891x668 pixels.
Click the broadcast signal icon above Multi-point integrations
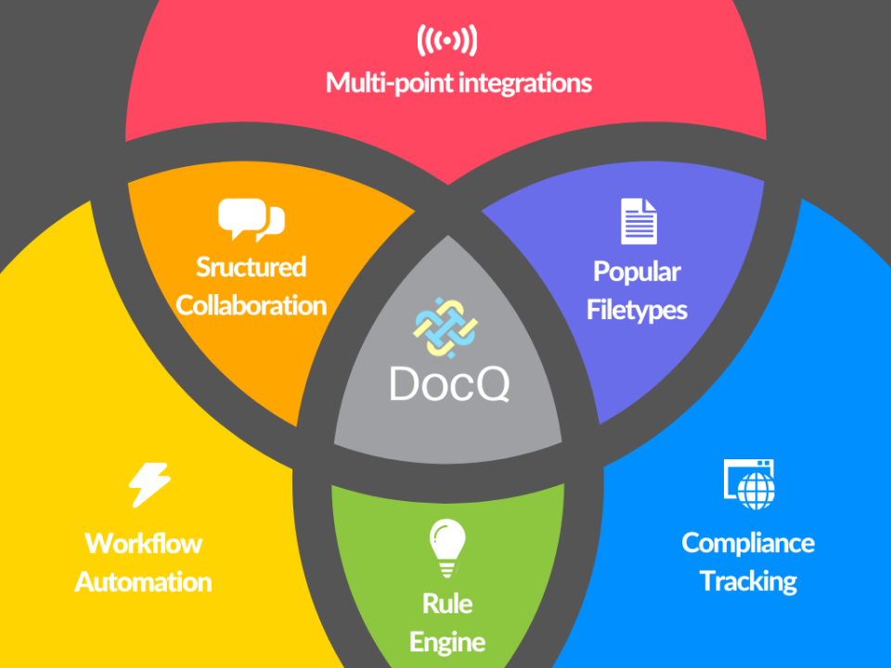tap(446, 41)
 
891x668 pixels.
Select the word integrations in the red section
tap(526, 83)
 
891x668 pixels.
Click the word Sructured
tap(251, 267)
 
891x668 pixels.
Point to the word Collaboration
tap(251, 305)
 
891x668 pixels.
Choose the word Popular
tap(637, 272)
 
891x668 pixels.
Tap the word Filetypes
tap(637, 310)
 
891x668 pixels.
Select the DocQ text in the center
tap(448, 383)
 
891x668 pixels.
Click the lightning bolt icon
tap(148, 485)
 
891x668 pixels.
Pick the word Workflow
tap(144, 543)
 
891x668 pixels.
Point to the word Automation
tap(144, 582)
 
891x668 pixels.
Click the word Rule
tap(447, 604)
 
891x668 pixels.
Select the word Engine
tap(447, 642)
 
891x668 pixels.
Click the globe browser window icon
tap(749, 482)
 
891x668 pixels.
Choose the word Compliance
tap(748, 543)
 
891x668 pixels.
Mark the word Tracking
tap(748, 582)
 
